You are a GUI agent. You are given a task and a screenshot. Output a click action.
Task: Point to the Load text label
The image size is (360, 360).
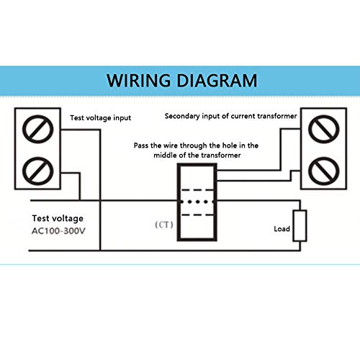[282, 230]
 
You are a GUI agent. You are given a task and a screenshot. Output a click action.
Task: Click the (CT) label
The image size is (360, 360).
[164, 224]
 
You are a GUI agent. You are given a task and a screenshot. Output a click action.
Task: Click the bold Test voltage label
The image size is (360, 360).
[58, 217]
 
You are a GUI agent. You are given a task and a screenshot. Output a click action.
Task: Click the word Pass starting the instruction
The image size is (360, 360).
[141, 145]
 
